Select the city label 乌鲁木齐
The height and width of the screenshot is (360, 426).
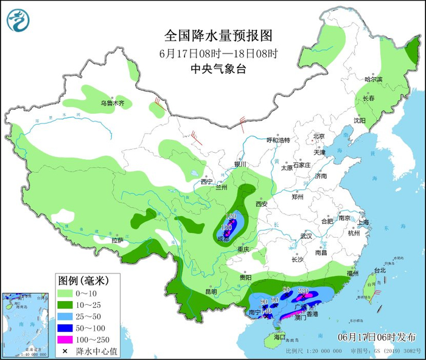[116, 103]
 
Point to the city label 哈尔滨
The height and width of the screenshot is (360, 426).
[373, 80]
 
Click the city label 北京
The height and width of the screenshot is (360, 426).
[320, 136]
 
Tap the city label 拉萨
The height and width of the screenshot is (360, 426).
[117, 240]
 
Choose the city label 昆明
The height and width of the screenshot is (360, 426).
[211, 291]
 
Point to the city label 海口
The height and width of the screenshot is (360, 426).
[279, 336]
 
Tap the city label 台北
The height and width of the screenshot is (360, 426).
[380, 270]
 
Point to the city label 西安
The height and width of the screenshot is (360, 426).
[262, 204]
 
